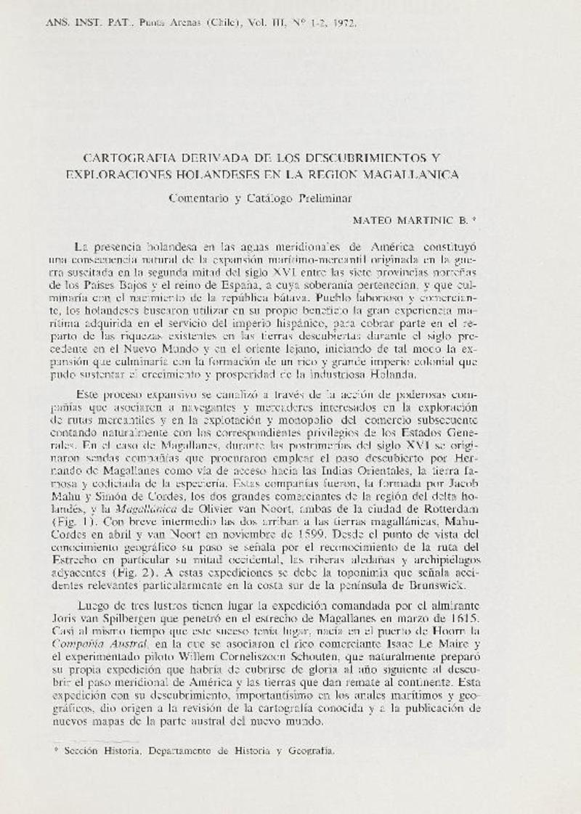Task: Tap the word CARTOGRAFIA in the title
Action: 127,158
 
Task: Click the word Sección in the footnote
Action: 82,753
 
